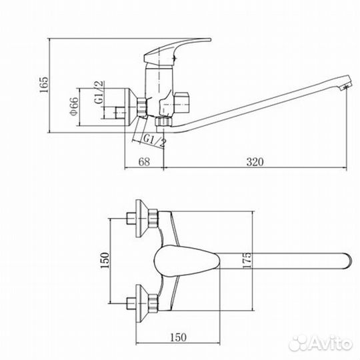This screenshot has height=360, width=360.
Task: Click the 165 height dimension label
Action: pos(44,85)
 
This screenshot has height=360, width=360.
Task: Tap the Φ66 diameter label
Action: pos(74,107)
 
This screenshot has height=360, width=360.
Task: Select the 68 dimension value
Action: pos(144,162)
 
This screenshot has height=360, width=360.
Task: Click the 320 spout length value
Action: pos(255,162)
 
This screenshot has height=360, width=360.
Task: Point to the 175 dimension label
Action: pos(247,260)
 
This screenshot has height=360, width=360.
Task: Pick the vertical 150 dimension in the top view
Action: pos(105,261)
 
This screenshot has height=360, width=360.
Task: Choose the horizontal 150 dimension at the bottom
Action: pos(178,337)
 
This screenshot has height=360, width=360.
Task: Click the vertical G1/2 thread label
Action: pos(99,92)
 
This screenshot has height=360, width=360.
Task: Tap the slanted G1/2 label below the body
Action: pos(154,141)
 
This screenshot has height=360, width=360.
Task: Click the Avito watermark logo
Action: pos(321,343)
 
